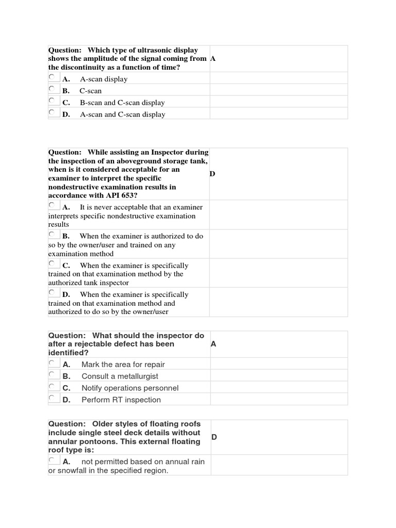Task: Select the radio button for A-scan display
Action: tap(52, 77)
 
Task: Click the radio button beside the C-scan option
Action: tap(52, 89)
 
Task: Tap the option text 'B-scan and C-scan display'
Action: tap(122, 103)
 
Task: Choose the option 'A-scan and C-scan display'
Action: tap(122, 114)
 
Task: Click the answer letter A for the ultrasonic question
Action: tap(213, 59)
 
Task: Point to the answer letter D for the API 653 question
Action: tap(212, 174)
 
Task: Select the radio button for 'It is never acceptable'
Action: tap(52, 205)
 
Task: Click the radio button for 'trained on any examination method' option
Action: tap(52, 234)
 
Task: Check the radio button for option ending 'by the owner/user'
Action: tap(52, 292)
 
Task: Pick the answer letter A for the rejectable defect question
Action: tap(213, 344)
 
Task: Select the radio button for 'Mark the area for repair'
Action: tap(52, 362)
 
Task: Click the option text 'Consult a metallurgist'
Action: tap(120, 376)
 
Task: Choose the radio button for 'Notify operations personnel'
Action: tap(52, 386)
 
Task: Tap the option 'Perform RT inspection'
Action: tap(121, 400)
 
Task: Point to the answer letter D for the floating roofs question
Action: tap(214, 437)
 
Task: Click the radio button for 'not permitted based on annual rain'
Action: tap(52, 460)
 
